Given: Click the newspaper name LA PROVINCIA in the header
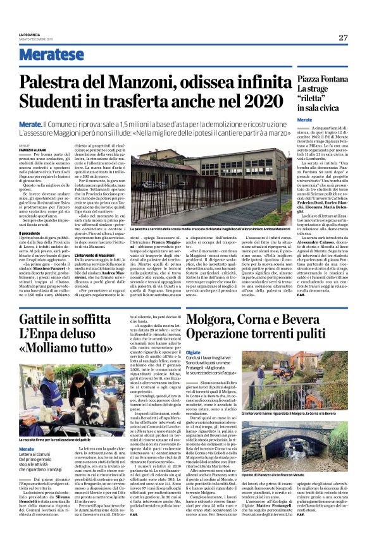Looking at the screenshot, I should [30, 34].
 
